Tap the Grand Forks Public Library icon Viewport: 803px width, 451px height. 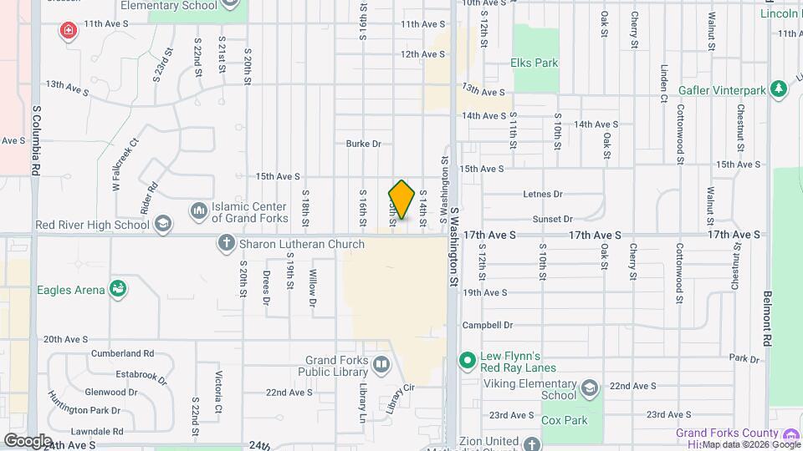[x=381, y=364]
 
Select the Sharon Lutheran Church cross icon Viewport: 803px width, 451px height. [x=226, y=244]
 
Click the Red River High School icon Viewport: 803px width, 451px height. [x=163, y=224]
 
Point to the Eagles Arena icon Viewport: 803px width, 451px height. [x=118, y=290]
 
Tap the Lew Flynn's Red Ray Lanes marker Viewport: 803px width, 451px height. [x=468, y=361]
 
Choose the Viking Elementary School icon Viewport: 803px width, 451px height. [x=590, y=389]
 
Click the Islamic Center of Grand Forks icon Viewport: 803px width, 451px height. [x=199, y=210]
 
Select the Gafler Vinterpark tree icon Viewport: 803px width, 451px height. [x=780, y=88]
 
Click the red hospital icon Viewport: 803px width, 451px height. [x=67, y=32]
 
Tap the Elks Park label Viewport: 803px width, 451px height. [x=534, y=62]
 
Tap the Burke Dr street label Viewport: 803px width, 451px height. [x=363, y=144]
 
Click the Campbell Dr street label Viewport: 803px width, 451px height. [x=488, y=325]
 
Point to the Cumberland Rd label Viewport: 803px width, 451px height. [x=122, y=353]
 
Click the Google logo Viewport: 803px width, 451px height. [x=28, y=440]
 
